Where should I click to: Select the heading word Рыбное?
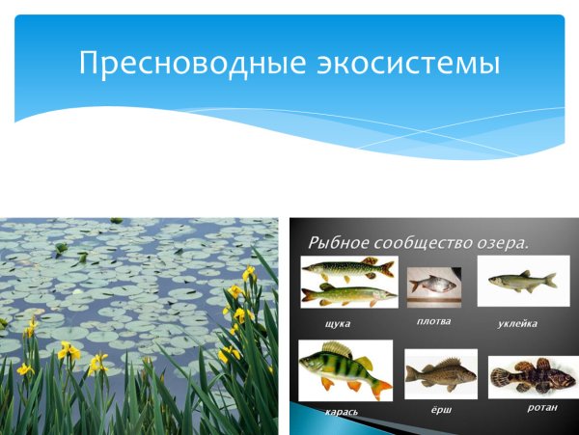pyautogui.click(x=337, y=242)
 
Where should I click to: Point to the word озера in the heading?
pyautogui.click(x=500, y=242)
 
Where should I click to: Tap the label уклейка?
pyautogui.click(x=518, y=323)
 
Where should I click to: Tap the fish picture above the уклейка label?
pyautogui.click(x=522, y=281)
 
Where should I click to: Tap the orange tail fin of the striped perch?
pyautogui.click(x=381, y=387)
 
